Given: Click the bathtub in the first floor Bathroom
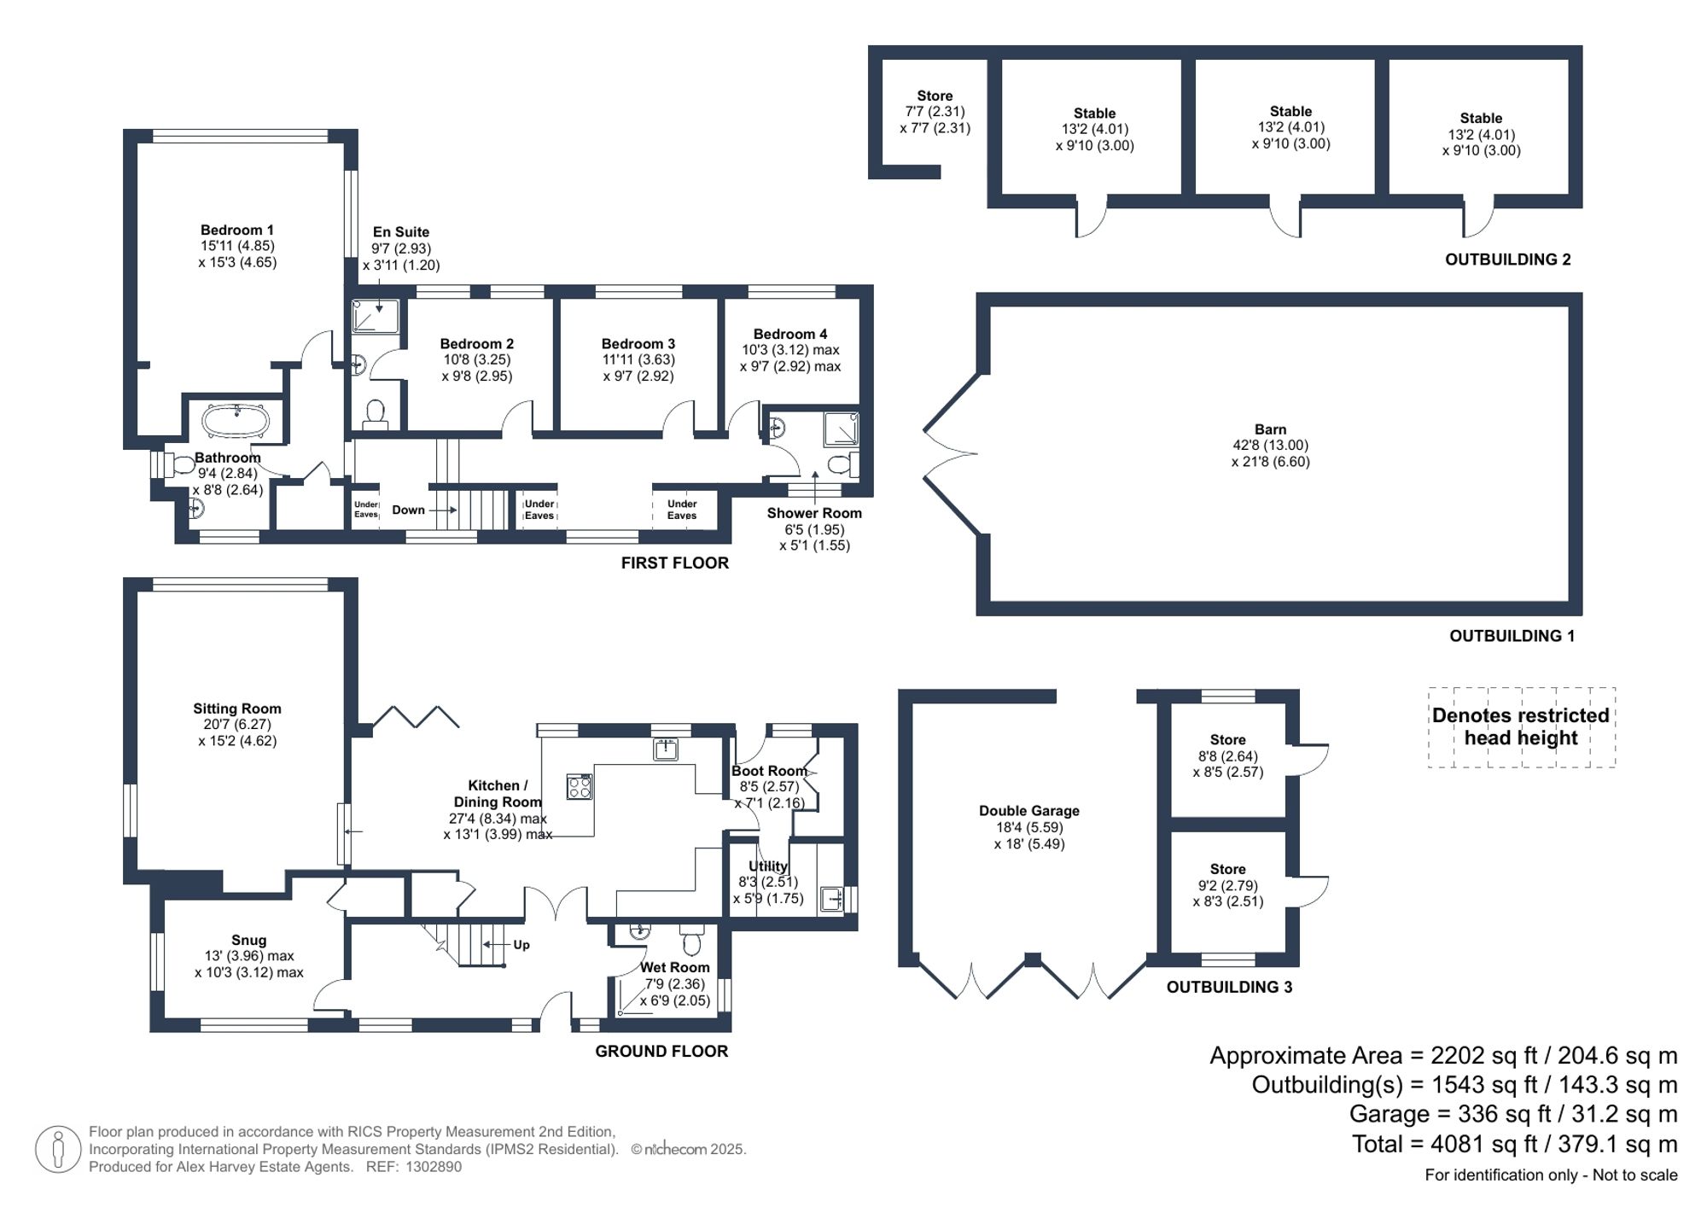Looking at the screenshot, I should click(236, 421).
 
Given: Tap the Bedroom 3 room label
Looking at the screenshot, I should click(638, 343).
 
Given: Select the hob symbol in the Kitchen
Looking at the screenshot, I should click(580, 786).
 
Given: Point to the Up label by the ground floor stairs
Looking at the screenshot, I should click(521, 945).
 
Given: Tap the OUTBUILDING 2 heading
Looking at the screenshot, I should click(1507, 259).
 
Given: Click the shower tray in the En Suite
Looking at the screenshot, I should click(376, 316).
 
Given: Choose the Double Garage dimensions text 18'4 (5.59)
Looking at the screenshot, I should click(1029, 827).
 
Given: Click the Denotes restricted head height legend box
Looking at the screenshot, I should click(1521, 726).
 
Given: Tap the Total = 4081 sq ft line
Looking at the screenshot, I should click(1514, 1144).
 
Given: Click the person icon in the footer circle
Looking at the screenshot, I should click(59, 1148).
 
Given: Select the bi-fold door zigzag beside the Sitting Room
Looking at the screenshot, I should click(415, 716).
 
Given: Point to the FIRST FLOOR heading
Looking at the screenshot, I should click(674, 563).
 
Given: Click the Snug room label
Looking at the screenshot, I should click(248, 940).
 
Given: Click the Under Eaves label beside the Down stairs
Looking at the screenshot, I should click(366, 510).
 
